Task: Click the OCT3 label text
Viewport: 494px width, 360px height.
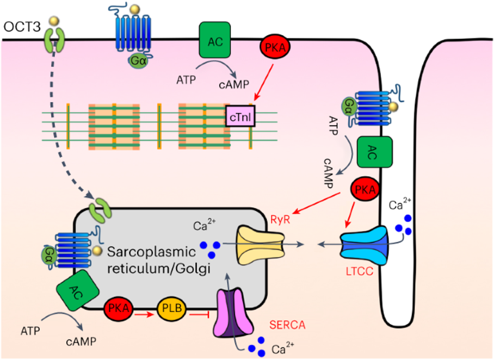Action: [x=22, y=27]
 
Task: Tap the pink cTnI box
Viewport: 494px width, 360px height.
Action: [x=240, y=116]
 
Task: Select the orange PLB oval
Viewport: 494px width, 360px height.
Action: [x=172, y=308]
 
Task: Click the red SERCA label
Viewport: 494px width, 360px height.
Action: [x=287, y=325]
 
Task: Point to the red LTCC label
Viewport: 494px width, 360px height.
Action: [x=360, y=271]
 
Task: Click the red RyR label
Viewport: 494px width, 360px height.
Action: [x=280, y=220]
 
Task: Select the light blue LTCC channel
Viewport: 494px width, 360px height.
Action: [x=365, y=246]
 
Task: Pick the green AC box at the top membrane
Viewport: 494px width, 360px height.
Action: [x=214, y=40]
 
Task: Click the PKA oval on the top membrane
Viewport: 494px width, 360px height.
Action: [x=275, y=47]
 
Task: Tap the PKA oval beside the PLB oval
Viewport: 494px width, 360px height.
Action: [x=119, y=308]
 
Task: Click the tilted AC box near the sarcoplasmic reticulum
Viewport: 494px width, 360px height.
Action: [x=77, y=290]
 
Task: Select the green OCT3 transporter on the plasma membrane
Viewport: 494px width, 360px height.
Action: [x=54, y=39]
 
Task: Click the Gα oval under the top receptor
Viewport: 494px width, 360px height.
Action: [x=138, y=60]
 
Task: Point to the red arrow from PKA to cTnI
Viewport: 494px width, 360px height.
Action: [x=264, y=82]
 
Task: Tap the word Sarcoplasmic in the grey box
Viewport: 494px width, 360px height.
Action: [x=152, y=252]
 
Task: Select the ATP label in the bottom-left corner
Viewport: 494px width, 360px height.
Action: [x=30, y=331]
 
